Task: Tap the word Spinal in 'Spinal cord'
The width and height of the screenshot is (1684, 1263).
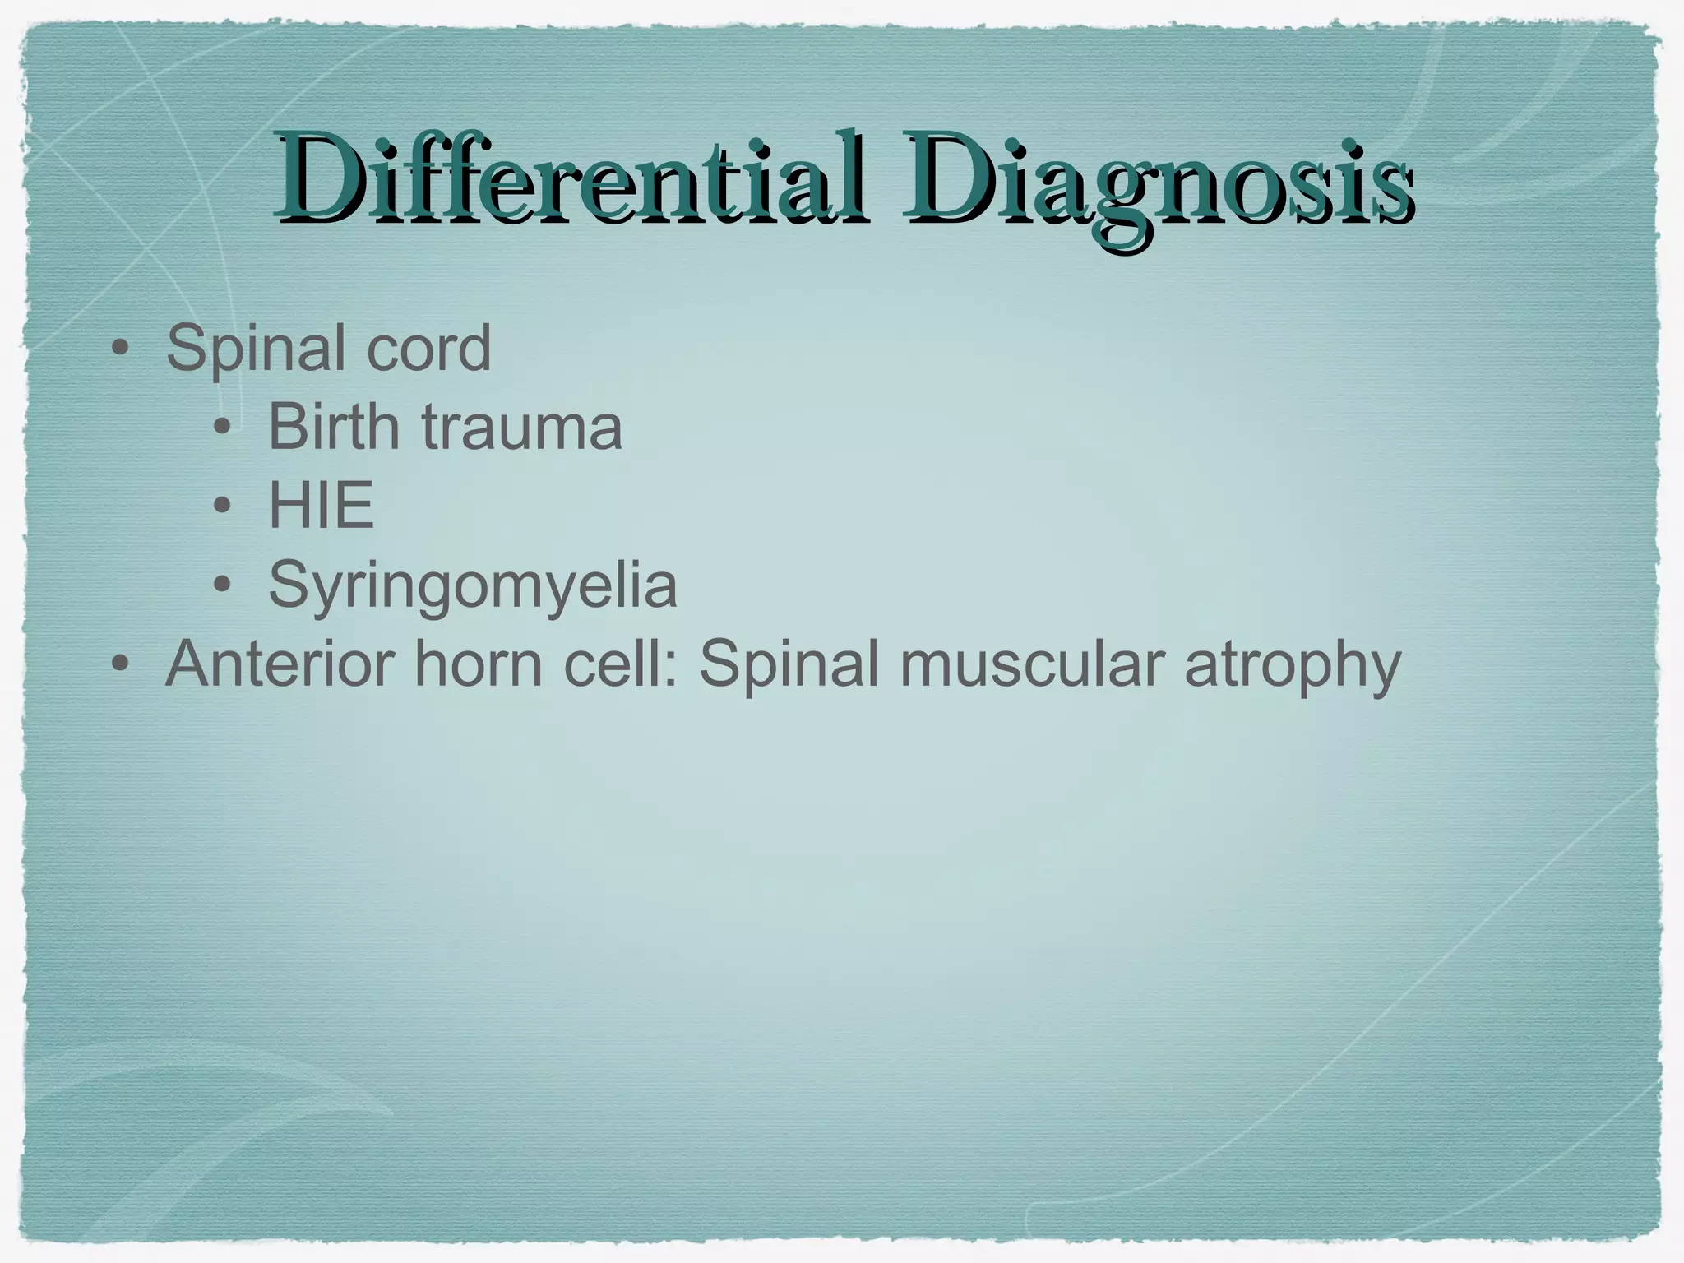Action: click(x=255, y=349)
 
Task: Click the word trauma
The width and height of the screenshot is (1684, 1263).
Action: click(x=521, y=428)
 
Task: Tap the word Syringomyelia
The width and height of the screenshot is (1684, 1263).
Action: click(x=473, y=585)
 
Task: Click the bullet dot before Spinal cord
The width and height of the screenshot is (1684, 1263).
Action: click(x=120, y=349)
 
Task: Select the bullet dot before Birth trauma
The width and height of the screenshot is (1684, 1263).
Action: click(x=221, y=428)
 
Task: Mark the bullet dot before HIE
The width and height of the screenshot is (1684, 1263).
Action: click(x=221, y=507)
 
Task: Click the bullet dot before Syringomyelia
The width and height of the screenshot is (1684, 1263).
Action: click(x=221, y=585)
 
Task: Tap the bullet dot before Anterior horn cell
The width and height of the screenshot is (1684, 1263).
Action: click(x=120, y=664)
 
